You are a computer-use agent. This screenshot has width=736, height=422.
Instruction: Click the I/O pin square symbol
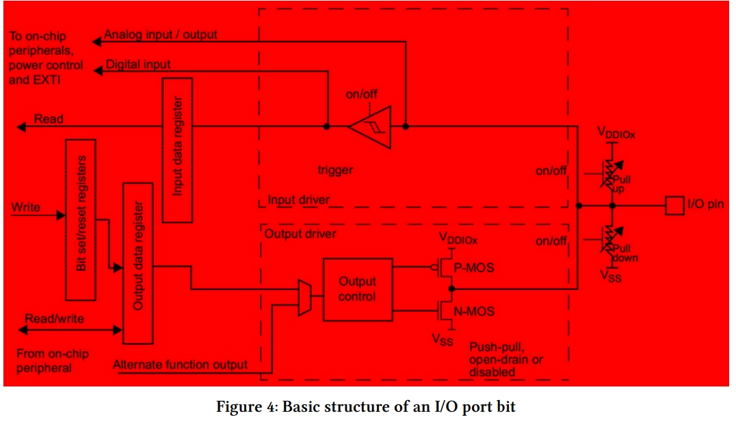pos(674,206)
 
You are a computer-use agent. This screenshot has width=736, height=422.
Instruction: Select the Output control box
pos(358,289)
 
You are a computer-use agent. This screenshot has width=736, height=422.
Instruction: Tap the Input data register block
pos(177,150)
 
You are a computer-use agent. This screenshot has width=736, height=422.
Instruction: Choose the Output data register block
pos(138,263)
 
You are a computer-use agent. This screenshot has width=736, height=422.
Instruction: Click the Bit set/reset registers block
pos(81,220)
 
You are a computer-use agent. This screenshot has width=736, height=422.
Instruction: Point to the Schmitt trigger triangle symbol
pos(370,127)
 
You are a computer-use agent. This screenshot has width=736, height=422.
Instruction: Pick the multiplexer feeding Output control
pos(304,298)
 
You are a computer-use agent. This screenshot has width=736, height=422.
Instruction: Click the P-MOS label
pos(473,267)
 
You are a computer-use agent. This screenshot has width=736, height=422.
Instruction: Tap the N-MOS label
pos(473,311)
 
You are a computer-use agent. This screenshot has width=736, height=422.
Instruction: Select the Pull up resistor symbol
pos(612,174)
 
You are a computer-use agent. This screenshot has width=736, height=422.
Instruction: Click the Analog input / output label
pos(161,35)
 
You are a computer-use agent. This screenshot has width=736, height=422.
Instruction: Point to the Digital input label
pos(138,64)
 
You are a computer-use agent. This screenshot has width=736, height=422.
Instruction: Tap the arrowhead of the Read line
pos(22,127)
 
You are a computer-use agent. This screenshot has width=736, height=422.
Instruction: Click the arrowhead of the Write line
pos(61,215)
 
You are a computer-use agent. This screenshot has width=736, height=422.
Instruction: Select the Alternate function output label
pos(181,365)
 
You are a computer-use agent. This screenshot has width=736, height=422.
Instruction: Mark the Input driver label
pos(298,200)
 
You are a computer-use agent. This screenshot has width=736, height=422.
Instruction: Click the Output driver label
pos(300,234)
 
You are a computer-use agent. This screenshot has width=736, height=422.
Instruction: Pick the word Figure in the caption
pos(239,406)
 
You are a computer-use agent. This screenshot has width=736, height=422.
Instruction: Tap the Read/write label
pos(55,319)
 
